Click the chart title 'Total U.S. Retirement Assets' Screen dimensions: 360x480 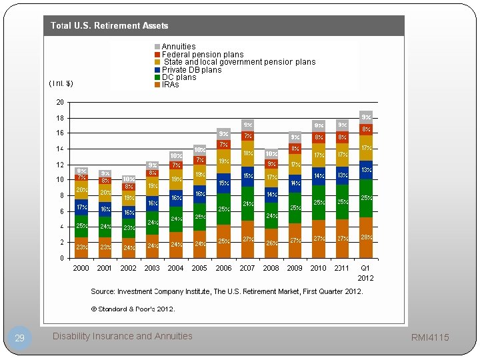[x=109, y=25]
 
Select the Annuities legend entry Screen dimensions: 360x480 [x=178, y=47]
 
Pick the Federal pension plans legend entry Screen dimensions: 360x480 [x=202, y=55]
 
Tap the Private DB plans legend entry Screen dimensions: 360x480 [x=191, y=70]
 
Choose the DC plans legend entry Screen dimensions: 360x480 [x=179, y=77]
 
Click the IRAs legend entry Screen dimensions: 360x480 [x=170, y=85]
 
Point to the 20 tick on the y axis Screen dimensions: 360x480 [x=60, y=103]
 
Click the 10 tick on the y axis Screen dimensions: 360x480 [x=60, y=180]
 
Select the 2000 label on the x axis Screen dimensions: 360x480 [x=81, y=268]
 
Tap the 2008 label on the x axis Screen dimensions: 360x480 [x=271, y=268]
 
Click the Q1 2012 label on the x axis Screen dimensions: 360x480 [x=365, y=273]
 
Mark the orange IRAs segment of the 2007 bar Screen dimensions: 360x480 [x=247, y=239]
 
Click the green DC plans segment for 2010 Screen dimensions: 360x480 [x=319, y=203]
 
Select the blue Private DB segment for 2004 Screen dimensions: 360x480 [x=176, y=198]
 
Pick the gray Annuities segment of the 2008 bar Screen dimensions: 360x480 [x=271, y=153]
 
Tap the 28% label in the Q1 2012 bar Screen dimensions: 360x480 [x=366, y=237]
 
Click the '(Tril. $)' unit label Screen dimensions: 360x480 [x=61, y=83]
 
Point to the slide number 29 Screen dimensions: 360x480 [x=19, y=338]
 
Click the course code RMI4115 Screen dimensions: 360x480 [x=431, y=337]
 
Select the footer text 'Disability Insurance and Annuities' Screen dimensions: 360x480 [x=122, y=336]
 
